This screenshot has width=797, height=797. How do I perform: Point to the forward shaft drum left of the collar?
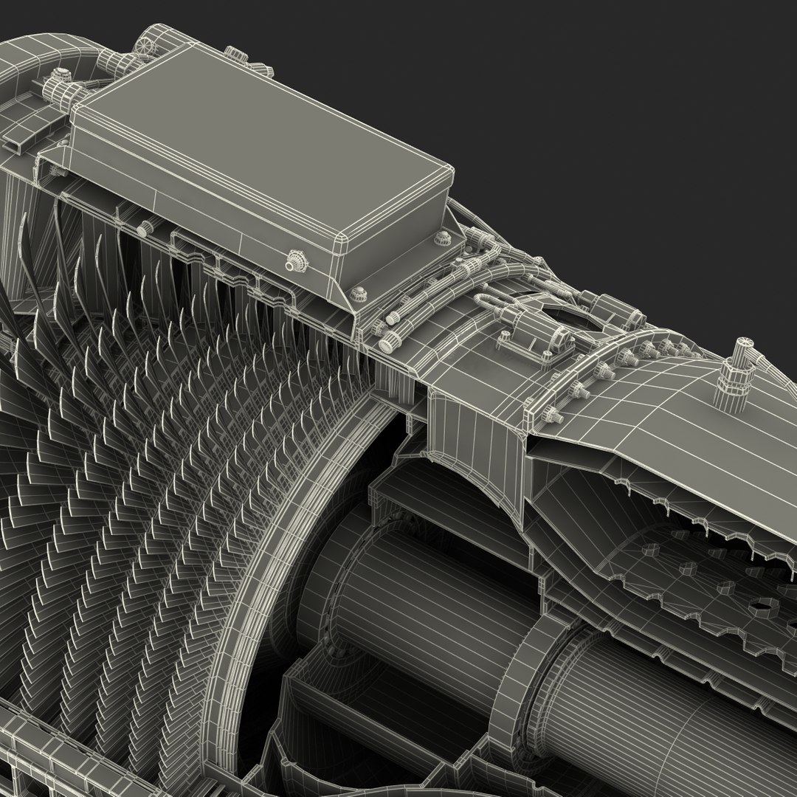(x=413, y=590)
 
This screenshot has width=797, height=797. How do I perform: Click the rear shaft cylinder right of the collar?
(x=664, y=701)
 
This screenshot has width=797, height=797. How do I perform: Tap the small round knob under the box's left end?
(x=145, y=228)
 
